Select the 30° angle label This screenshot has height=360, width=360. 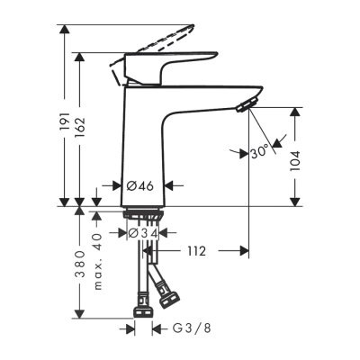pyautogui.click(x=260, y=153)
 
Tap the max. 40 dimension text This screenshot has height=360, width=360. pyautogui.click(x=100, y=241)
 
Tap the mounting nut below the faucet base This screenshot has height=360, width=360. pyautogui.click(x=141, y=217)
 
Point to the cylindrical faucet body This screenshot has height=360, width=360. pyautogui.click(x=141, y=144)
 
